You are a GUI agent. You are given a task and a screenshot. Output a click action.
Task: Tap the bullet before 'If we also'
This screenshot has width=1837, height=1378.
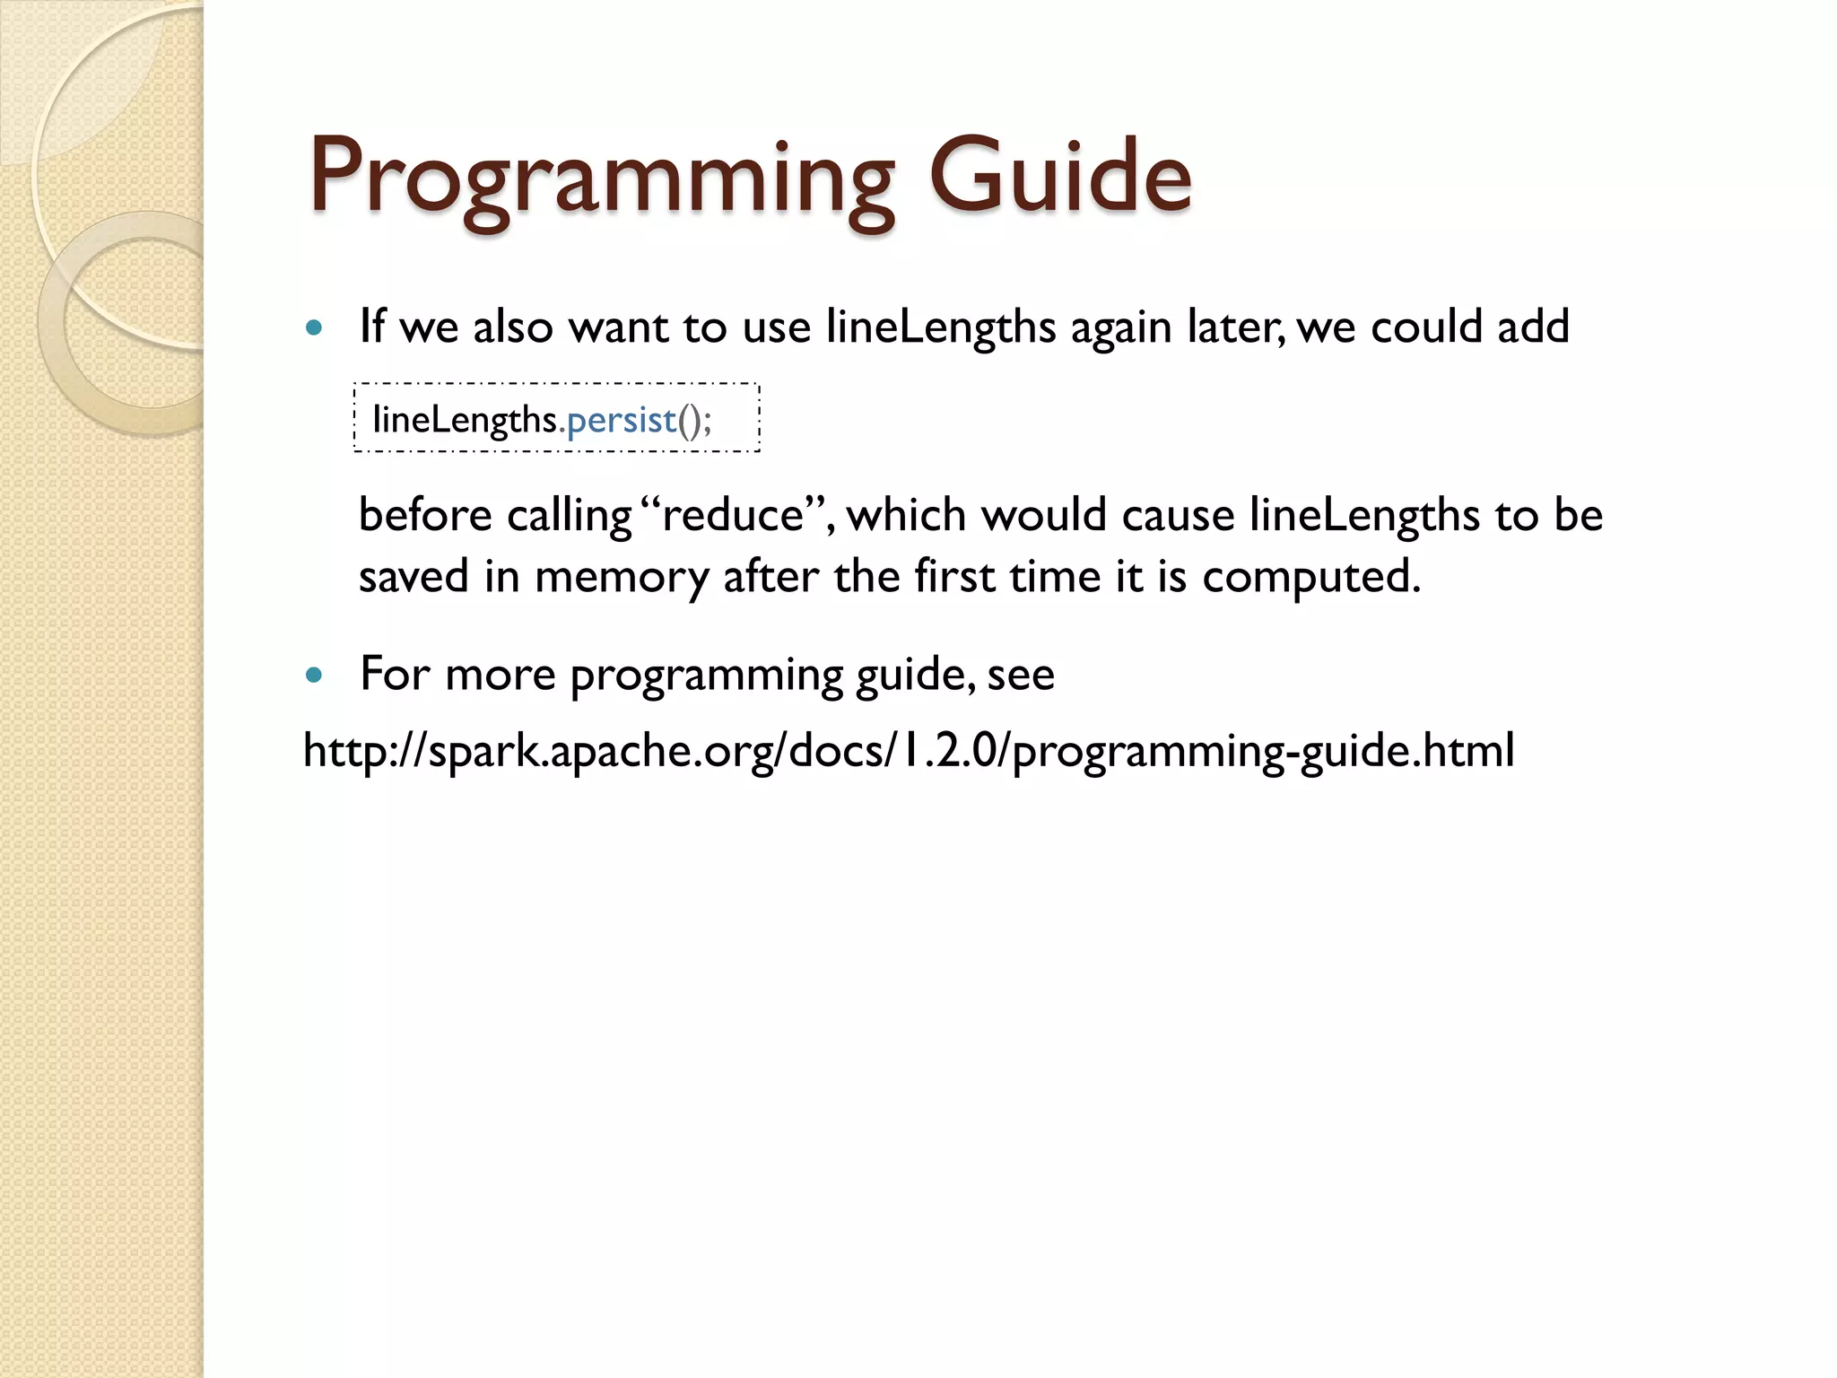313,328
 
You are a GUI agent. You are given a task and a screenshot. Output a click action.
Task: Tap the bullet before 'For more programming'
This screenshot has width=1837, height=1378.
313,676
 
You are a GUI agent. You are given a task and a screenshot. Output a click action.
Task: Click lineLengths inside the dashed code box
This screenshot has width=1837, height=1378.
465,420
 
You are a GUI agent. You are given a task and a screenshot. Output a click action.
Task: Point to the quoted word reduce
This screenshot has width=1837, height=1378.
734,516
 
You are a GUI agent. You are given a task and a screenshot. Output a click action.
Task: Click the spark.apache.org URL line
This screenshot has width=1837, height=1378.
909,751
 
